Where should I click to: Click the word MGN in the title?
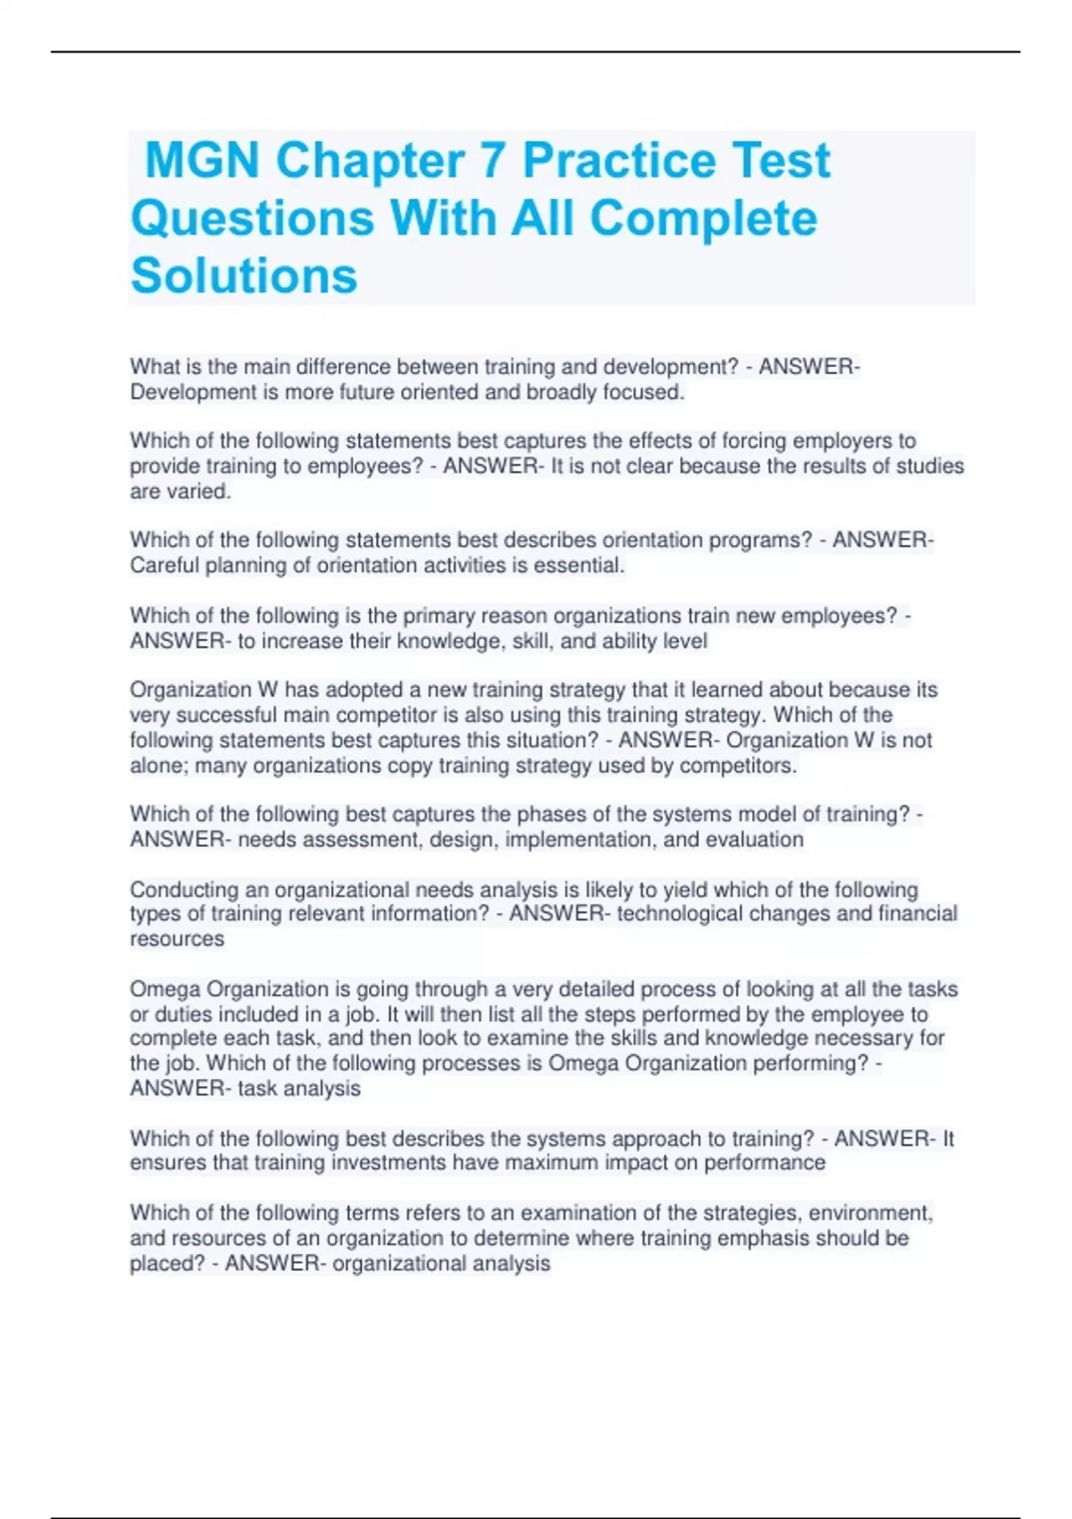click(x=203, y=162)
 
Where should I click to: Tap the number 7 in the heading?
click(x=492, y=162)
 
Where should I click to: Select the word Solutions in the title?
click(x=244, y=275)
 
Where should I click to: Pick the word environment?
click(x=874, y=1213)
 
